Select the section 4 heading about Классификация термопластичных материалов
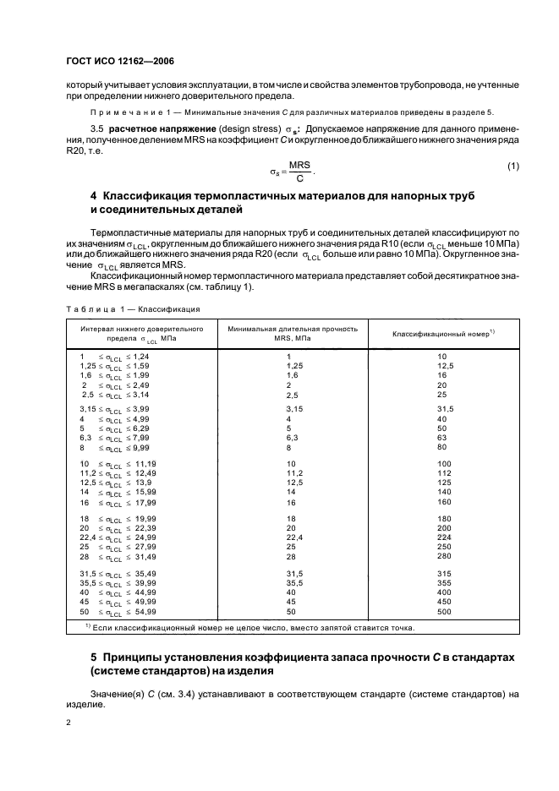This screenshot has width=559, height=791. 282,201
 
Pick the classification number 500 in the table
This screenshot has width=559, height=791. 444,612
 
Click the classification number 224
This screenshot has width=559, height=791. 444,537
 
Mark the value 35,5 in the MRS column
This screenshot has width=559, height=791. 294,582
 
